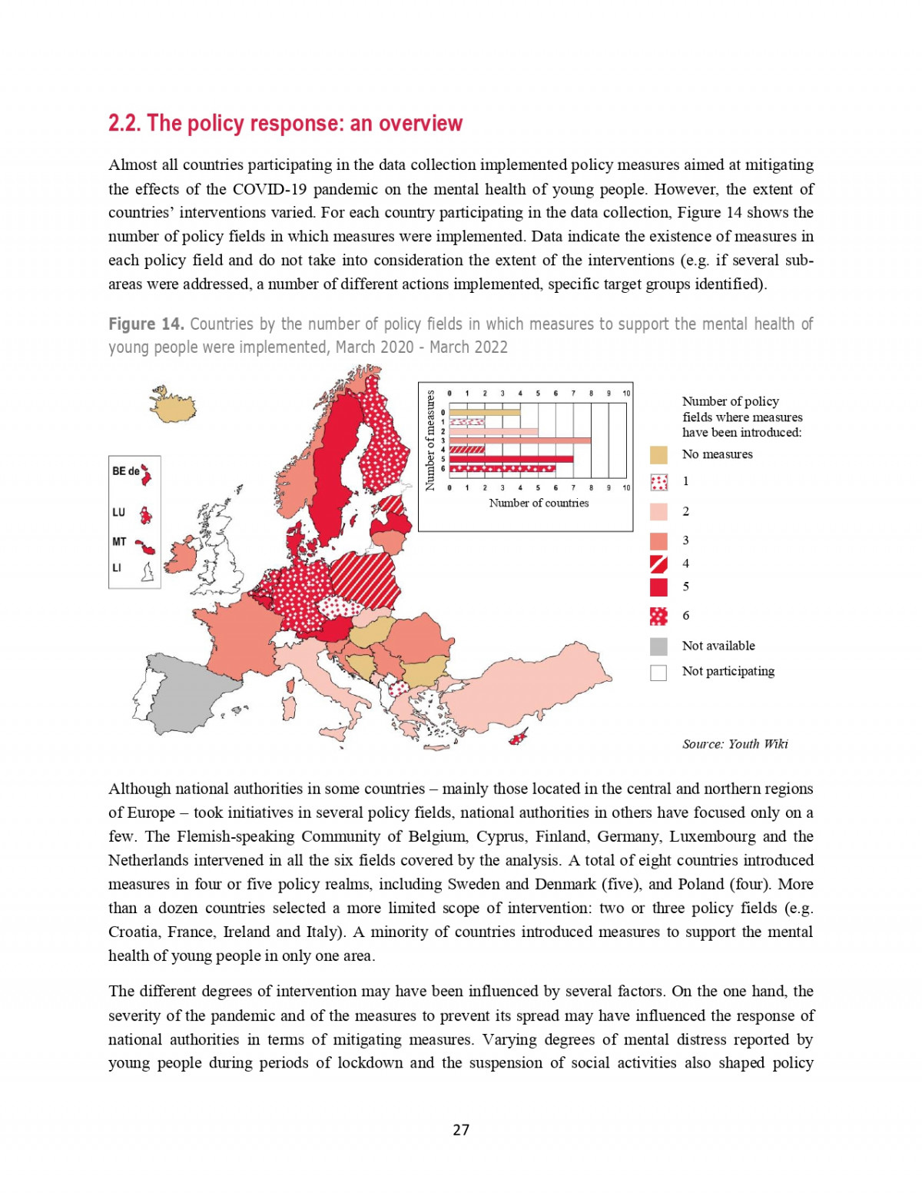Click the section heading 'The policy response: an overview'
(x=285, y=124)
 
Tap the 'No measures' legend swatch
(x=658, y=455)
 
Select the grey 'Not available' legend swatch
(x=658, y=646)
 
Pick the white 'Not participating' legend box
(x=658, y=673)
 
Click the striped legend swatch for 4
(x=658, y=564)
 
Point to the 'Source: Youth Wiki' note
(x=735, y=744)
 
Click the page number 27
(x=461, y=1130)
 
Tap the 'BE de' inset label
(x=125, y=471)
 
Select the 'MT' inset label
(x=119, y=542)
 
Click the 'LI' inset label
(x=117, y=568)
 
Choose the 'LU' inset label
(x=118, y=512)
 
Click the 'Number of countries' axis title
(x=539, y=503)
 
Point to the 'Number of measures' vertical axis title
(x=430, y=440)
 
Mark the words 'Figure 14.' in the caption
(x=146, y=324)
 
